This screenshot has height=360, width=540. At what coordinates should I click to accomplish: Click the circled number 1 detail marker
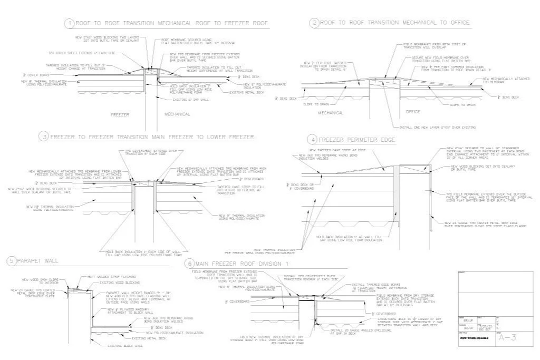[x=69, y=24]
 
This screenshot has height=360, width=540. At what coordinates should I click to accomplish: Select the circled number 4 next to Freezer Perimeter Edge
[x=313, y=140]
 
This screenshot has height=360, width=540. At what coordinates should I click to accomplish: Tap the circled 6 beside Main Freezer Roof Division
[x=188, y=263]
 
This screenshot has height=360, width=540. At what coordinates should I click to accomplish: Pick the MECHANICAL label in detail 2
[x=331, y=112]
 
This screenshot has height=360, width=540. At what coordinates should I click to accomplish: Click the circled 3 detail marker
[x=45, y=137]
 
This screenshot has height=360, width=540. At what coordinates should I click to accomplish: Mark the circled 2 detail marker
[x=315, y=23]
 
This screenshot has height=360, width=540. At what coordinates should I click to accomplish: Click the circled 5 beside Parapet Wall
[x=11, y=261]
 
